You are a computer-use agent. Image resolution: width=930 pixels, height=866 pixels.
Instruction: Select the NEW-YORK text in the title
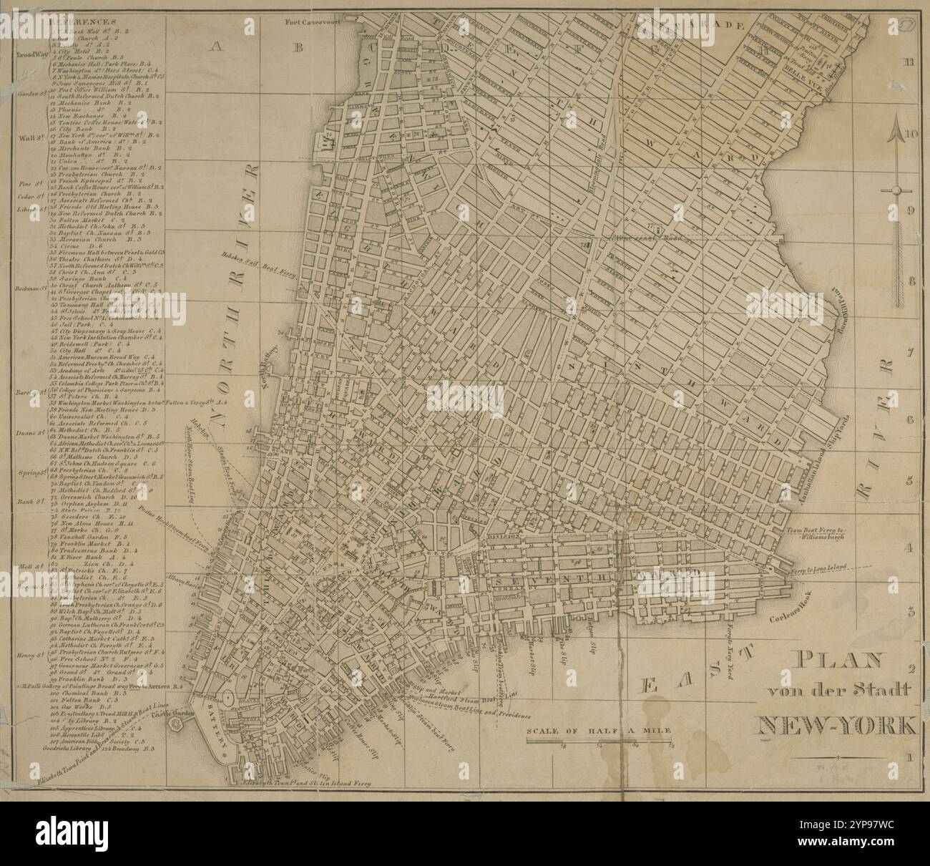tap(836, 726)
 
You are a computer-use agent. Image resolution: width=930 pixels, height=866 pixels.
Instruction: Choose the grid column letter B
tap(299, 47)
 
